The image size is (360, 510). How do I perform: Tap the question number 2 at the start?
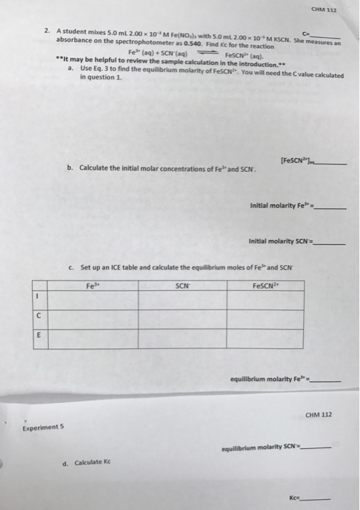46,31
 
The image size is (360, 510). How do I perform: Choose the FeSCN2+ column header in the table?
264,286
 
